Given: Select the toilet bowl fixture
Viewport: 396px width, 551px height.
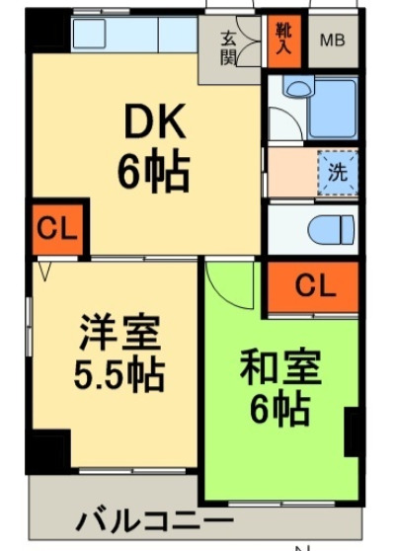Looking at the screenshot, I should click(329, 230).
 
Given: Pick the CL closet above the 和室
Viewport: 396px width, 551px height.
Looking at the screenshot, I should click(313, 286).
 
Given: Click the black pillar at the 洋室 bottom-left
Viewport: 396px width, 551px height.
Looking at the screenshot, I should click(49, 449).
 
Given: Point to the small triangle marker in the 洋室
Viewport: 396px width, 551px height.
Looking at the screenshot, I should click(44, 268).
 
